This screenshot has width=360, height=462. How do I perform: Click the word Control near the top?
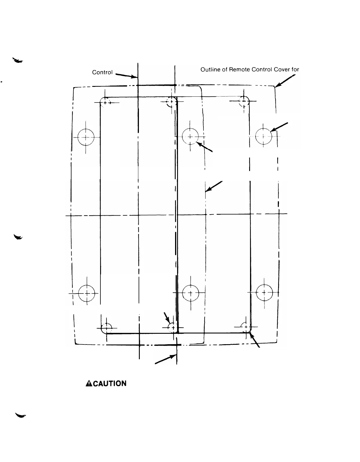pos(102,72)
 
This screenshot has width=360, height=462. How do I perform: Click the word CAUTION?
pos(109,384)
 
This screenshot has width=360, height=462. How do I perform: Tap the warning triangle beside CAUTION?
pos(89,384)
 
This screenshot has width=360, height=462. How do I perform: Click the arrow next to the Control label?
pos(126,76)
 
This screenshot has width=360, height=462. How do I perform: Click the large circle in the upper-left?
pos(86,137)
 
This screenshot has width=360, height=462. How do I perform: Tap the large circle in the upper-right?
pos(264,136)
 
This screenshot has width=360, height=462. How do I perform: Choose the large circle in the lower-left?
pos(87,293)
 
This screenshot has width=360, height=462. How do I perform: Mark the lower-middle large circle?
pos(191,293)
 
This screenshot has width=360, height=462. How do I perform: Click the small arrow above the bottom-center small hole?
pos(167,318)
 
